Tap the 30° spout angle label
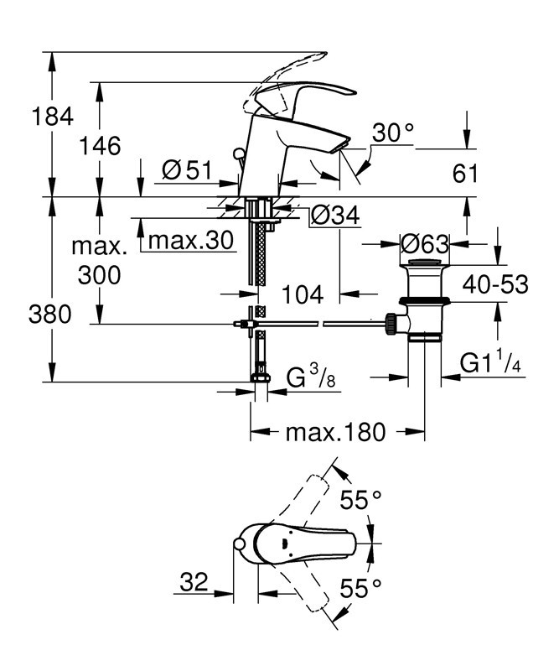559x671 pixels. click(x=393, y=132)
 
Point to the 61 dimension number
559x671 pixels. click(x=464, y=174)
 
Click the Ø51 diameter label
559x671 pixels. click(x=185, y=170)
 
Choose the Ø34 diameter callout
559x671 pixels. click(x=334, y=216)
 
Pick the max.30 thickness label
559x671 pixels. click(x=190, y=241)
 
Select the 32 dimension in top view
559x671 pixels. click(x=194, y=580)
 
